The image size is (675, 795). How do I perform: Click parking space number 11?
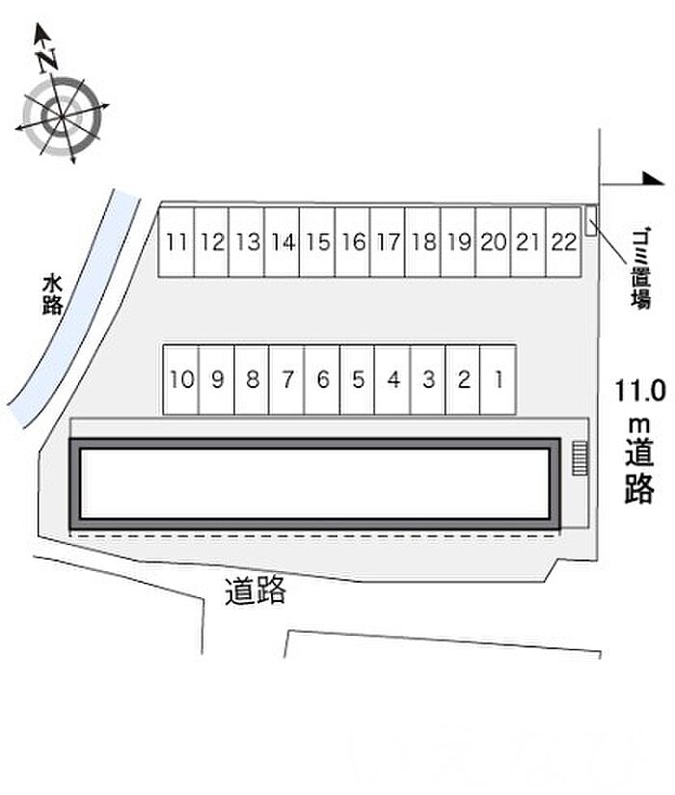click(176, 242)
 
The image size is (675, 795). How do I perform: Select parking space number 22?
click(563, 242)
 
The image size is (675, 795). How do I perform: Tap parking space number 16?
click(353, 242)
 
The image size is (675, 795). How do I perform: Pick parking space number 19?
click(458, 242)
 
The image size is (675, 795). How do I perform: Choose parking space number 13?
click(247, 242)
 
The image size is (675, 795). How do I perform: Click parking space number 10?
click(181, 380)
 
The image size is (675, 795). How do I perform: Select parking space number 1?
click(499, 380)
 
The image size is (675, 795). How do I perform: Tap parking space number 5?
click(357, 380)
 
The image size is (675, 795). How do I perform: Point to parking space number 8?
click(252, 380)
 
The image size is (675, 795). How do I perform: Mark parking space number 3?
click(428, 380)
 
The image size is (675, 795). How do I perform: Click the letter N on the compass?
click(48, 59)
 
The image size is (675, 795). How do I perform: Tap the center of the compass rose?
click(62, 117)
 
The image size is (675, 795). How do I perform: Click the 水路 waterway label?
click(52, 294)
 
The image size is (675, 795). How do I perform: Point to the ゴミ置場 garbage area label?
click(640, 269)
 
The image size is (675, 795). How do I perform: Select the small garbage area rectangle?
click(591, 220)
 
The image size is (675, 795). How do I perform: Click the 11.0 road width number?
click(640, 391)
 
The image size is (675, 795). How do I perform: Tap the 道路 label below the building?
click(256, 590)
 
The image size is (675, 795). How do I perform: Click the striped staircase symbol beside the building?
click(580, 458)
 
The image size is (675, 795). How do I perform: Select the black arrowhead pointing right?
click(653, 178)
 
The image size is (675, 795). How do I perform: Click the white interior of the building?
click(314, 483)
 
